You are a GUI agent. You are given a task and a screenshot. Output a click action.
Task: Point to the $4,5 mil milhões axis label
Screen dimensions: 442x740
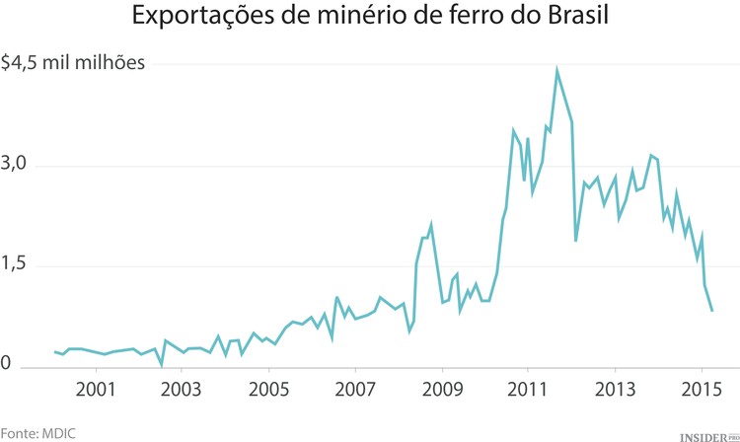74,64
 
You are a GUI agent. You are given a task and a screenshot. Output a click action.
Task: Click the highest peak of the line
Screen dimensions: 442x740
556,70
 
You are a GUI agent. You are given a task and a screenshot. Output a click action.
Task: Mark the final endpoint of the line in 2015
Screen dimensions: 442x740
711,311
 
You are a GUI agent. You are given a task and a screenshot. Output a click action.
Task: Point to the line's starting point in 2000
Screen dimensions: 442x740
54,351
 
